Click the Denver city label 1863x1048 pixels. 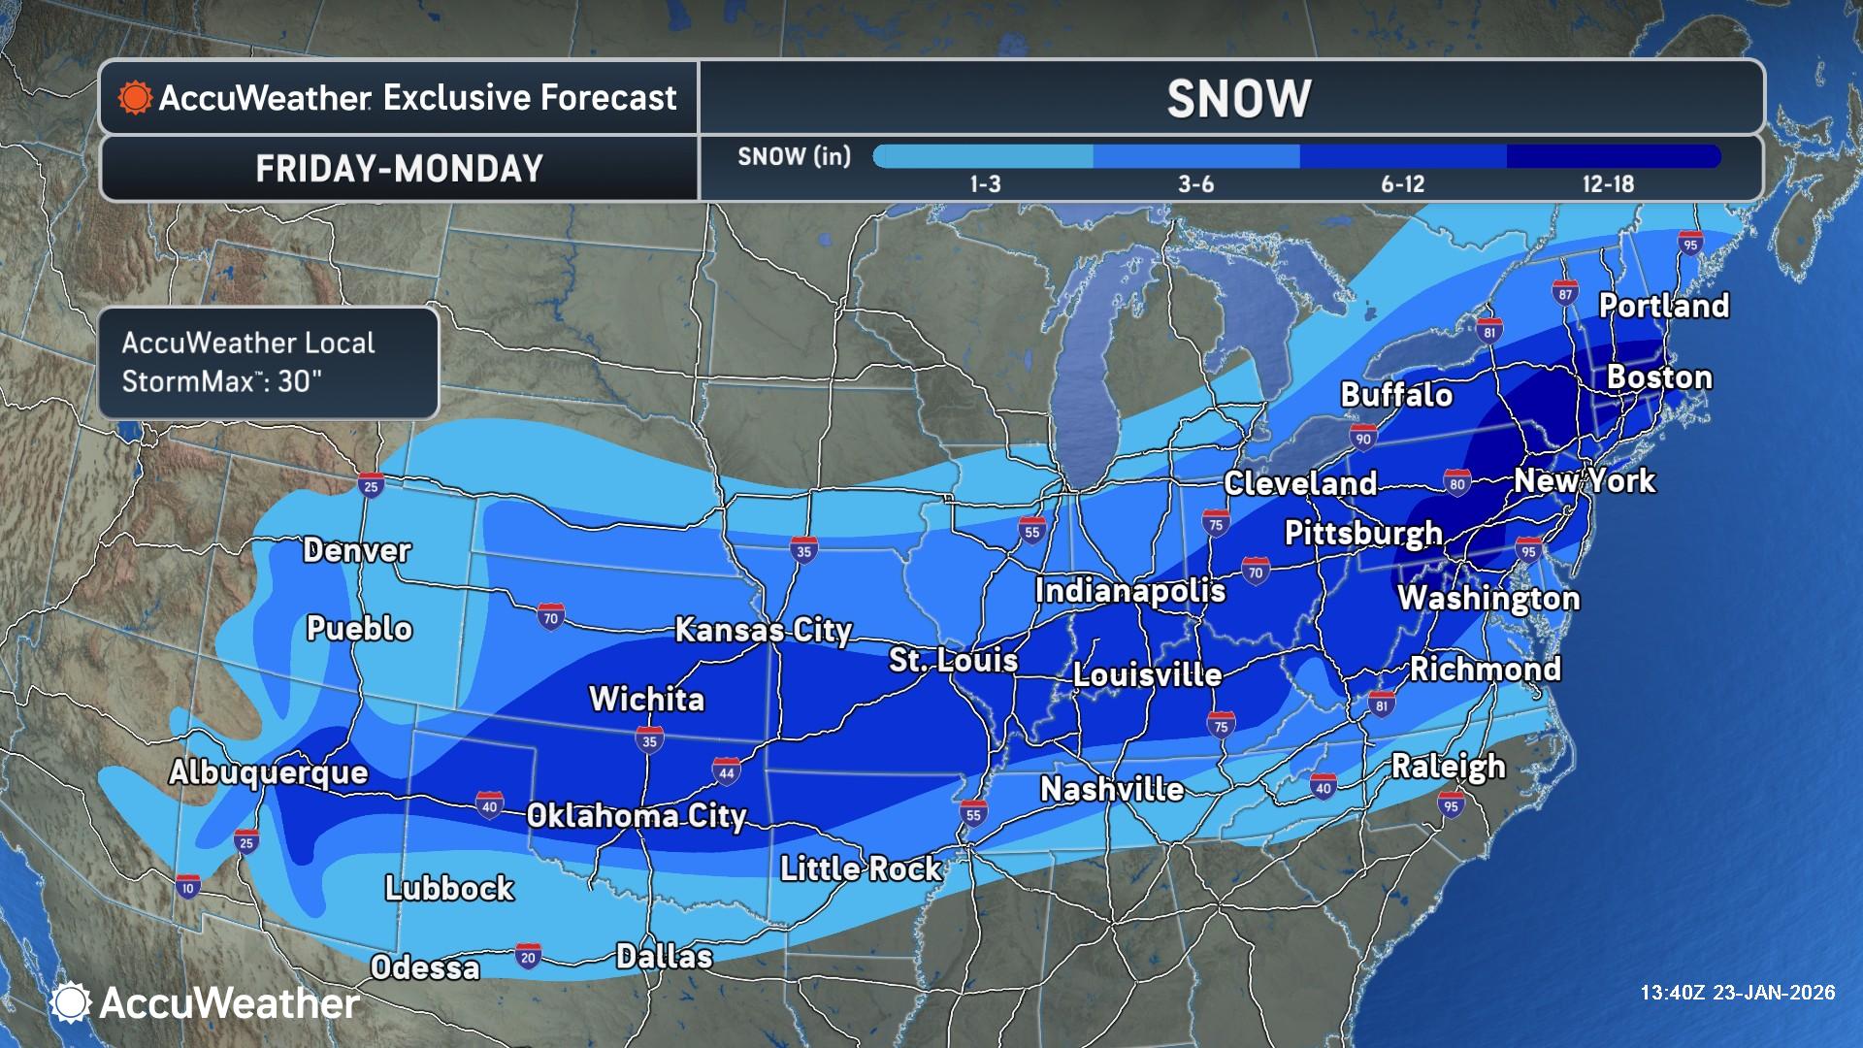[x=356, y=550]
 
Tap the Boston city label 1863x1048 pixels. [x=1659, y=377]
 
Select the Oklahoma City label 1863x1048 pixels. [x=636, y=816]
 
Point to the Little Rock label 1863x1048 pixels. [x=861, y=868]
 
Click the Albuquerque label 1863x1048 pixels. [x=269, y=772]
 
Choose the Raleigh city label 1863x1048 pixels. [x=1448, y=767]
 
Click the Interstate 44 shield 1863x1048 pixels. [x=726, y=770]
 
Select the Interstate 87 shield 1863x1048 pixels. [x=1564, y=292]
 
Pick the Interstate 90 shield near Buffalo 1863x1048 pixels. [x=1363, y=438]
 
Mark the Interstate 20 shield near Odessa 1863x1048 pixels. [x=528, y=956]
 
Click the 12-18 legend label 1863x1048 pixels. [x=1608, y=184]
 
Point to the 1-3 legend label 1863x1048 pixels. [x=985, y=184]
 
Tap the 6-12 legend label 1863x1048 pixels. [x=1402, y=184]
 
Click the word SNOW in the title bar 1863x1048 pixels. [x=1238, y=99]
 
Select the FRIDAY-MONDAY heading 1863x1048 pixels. [x=399, y=169]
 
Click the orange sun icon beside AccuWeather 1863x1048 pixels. [x=135, y=98]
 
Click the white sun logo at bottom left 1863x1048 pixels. [x=71, y=1002]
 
